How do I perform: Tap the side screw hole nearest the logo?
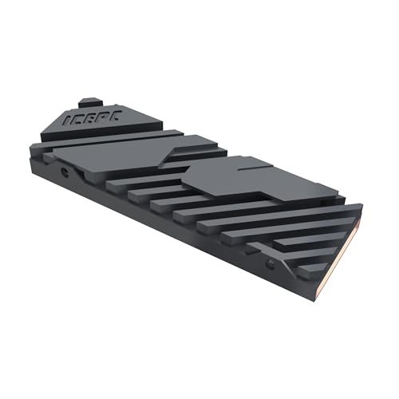(x=61, y=171)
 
